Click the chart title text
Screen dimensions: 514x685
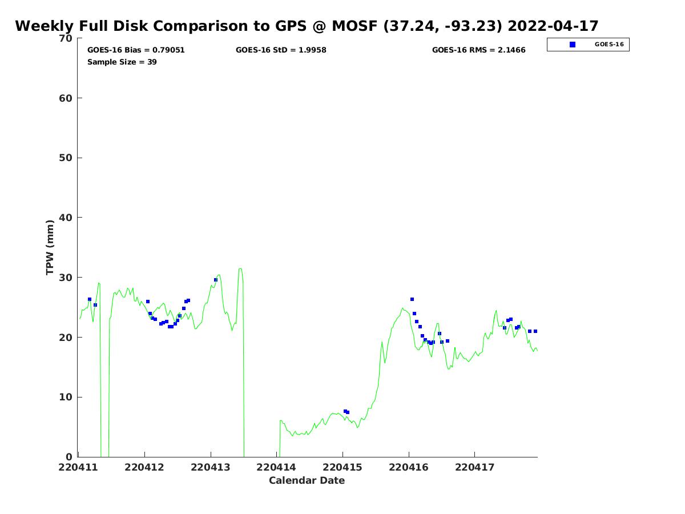(307, 26)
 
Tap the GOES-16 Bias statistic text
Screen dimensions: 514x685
(136, 50)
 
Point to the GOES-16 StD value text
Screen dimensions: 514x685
(281, 50)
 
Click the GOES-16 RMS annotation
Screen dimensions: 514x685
(478, 50)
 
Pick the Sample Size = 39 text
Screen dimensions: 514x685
(122, 62)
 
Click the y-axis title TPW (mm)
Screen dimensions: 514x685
(50, 247)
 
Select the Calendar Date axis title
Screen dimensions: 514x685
(307, 481)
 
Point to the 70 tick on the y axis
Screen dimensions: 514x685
(67, 38)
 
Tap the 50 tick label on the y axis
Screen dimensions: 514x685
(67, 158)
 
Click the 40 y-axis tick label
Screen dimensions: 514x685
(67, 218)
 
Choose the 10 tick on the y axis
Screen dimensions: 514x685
(67, 397)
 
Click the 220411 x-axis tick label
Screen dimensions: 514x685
(78, 467)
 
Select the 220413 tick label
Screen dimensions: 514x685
(211, 467)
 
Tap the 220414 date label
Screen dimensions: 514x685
(277, 467)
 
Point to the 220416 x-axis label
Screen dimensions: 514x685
(409, 467)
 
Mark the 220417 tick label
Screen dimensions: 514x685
(475, 467)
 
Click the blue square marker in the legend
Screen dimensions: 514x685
(573, 45)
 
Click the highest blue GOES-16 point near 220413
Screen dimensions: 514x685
(216, 280)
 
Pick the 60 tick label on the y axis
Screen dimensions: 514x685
(67, 98)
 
